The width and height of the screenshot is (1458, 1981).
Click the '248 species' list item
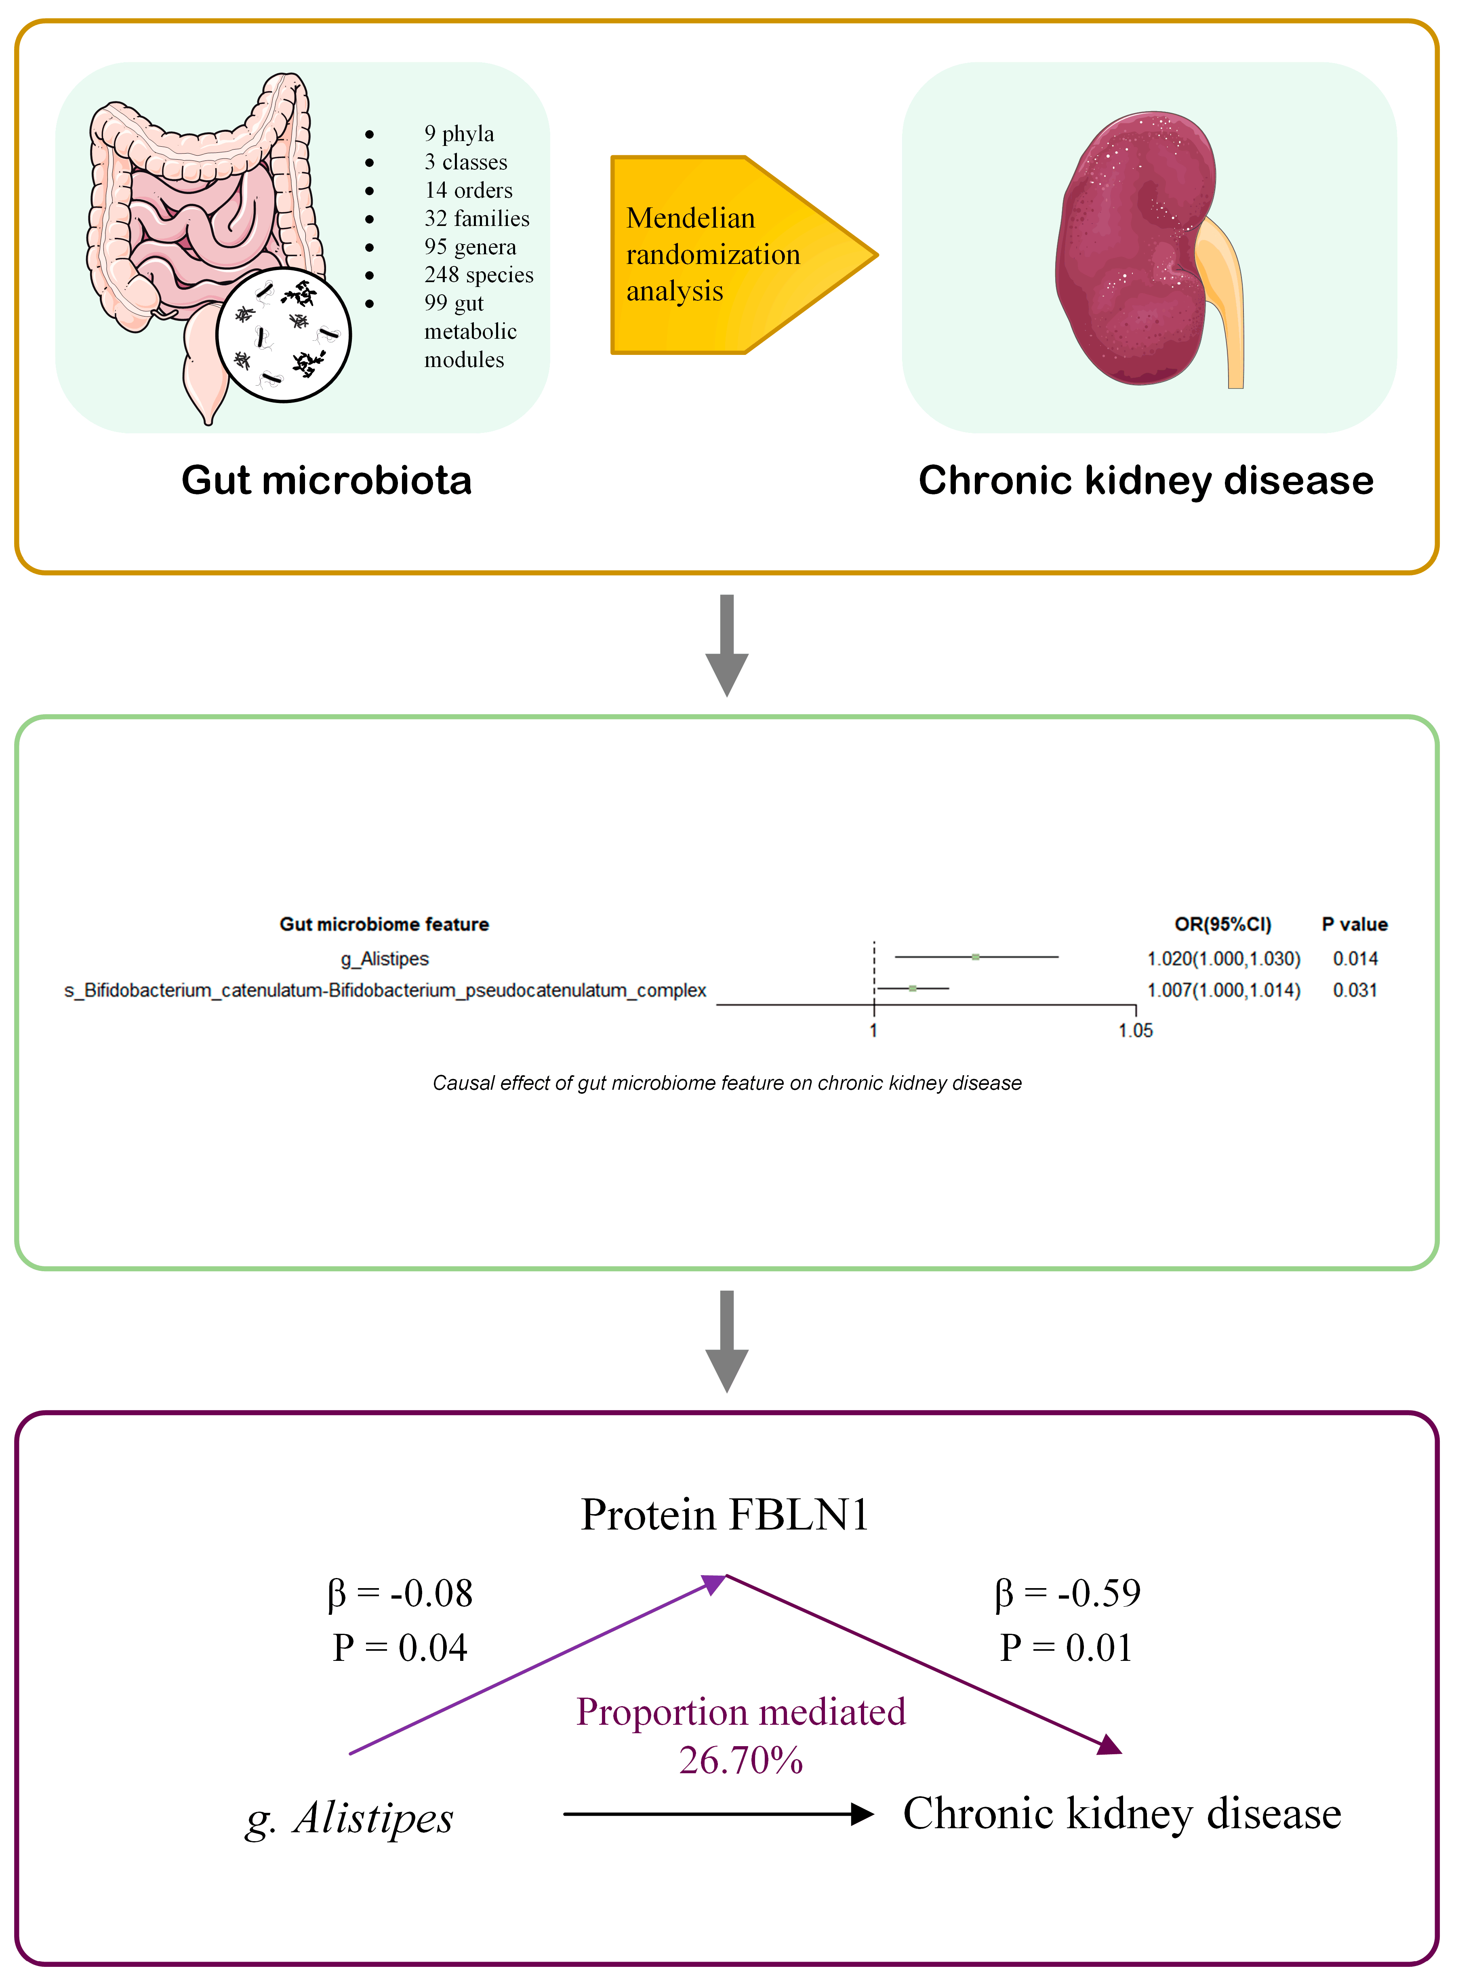coord(478,274)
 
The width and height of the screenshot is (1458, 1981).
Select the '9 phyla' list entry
coord(459,133)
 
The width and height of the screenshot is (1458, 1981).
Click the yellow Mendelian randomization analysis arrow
coord(724,255)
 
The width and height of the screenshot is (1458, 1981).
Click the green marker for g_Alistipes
coord(975,957)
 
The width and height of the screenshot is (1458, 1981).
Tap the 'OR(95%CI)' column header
coord(1222,924)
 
